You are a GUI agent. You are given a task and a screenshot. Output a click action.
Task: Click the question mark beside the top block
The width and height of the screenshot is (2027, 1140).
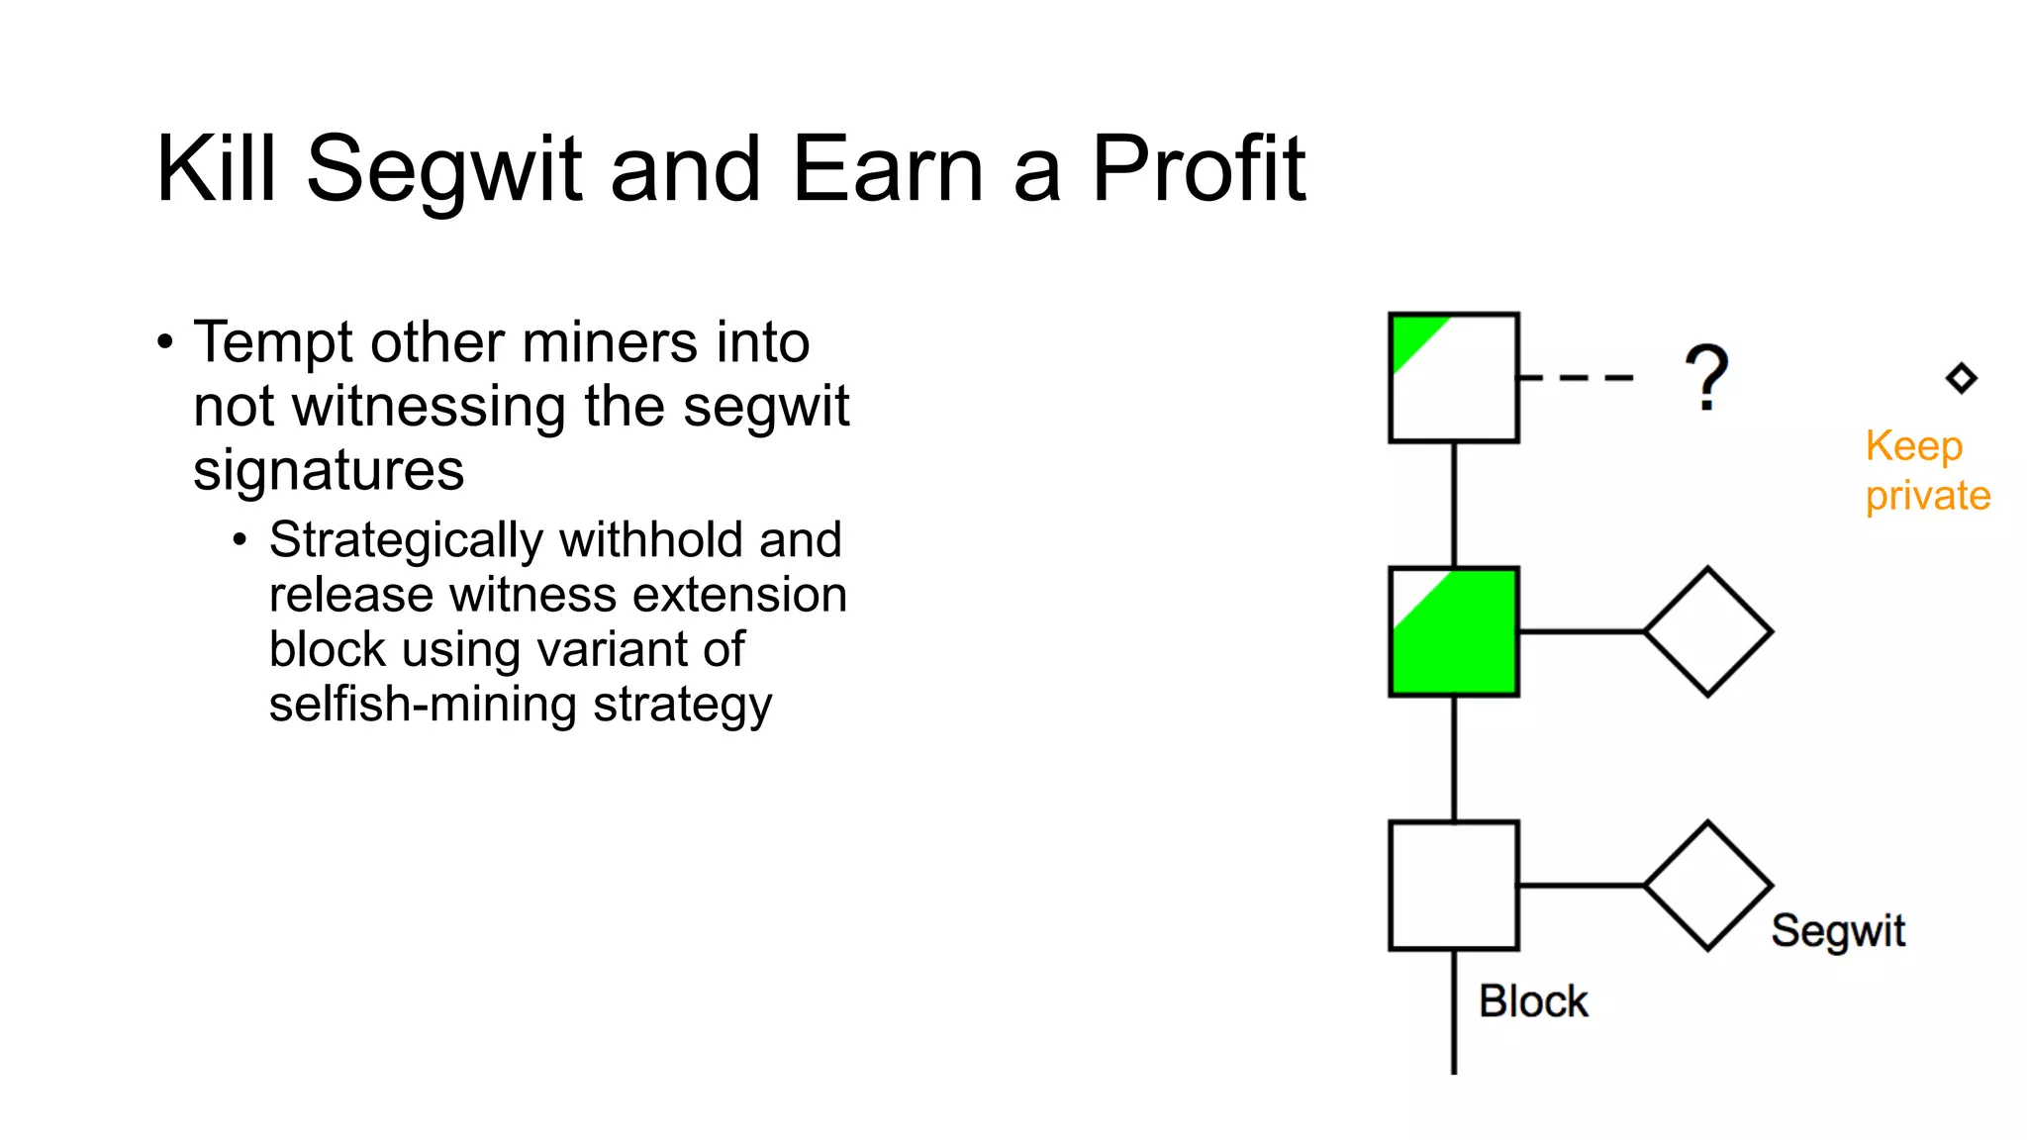[1706, 377]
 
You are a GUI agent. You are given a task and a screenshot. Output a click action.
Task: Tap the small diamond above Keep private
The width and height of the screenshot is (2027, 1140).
[1961, 378]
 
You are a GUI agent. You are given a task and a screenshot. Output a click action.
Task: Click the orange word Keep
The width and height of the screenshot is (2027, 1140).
[1913, 446]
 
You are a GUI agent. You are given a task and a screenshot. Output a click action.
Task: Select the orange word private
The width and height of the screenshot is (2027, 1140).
[1927, 495]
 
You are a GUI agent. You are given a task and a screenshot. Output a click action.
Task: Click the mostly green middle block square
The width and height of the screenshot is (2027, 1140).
[1453, 632]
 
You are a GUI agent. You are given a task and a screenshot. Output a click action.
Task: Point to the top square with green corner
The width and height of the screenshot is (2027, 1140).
[1453, 378]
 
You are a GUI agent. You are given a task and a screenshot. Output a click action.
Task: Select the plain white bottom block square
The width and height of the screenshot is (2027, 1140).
[1453, 886]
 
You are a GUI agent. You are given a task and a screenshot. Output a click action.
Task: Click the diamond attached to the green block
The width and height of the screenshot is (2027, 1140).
[1707, 631]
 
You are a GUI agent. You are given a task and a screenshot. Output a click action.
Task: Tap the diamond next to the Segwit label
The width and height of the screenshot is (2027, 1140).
[1707, 886]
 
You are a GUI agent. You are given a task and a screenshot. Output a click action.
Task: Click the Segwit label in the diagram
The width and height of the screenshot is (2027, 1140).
[1838, 931]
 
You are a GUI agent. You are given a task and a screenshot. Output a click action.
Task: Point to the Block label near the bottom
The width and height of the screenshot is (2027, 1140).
[1533, 1001]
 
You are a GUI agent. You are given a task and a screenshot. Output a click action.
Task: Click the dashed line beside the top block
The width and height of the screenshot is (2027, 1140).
[1576, 377]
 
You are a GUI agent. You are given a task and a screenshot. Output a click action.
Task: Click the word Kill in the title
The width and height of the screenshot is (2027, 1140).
[216, 169]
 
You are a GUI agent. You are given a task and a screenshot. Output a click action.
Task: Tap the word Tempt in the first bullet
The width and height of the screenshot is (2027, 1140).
[272, 342]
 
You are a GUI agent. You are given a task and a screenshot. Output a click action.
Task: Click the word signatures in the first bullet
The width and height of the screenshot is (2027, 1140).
[328, 470]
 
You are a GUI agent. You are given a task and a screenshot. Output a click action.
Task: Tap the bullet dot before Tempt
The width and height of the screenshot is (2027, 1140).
[165, 342]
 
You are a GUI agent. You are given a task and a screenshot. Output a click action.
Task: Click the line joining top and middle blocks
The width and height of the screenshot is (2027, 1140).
[1453, 505]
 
